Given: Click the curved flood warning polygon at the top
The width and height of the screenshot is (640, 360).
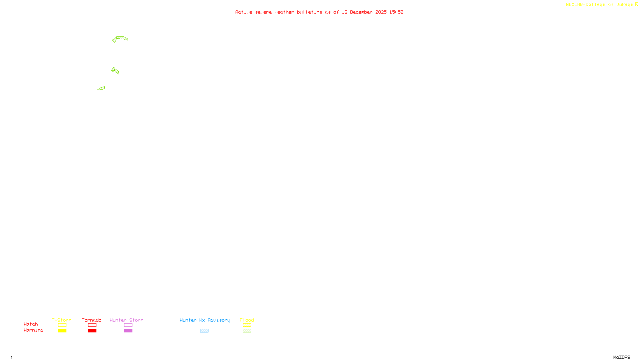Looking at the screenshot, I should tap(121, 38).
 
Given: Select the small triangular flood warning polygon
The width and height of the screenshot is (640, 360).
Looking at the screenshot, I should tap(102, 88).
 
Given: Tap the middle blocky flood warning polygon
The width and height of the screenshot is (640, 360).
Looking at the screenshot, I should tap(115, 71).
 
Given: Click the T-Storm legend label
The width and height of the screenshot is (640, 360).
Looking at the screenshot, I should tap(62, 320).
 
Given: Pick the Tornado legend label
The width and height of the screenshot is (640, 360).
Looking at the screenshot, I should tap(92, 320).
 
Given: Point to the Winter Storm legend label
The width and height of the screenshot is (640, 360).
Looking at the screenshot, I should tap(126, 320).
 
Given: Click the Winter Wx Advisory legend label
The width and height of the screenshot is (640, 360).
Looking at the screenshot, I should tap(205, 320).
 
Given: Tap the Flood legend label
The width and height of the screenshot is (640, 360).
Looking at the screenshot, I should tap(247, 320).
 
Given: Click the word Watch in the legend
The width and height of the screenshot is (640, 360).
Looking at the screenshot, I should tap(31, 324).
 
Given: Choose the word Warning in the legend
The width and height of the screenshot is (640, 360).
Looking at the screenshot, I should tap(34, 330).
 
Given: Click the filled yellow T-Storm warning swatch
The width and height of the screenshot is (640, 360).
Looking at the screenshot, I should tap(62, 331).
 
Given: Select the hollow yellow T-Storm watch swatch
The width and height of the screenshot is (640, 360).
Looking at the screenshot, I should tap(62, 325).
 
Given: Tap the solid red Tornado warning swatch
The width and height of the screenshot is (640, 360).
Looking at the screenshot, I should tap(92, 331).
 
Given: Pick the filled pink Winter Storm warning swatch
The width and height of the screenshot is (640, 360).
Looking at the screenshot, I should tap(128, 331).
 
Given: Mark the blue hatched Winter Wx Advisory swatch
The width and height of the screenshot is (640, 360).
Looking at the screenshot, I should tap(204, 331).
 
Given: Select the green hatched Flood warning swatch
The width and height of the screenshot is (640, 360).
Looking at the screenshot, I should tap(247, 331).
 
